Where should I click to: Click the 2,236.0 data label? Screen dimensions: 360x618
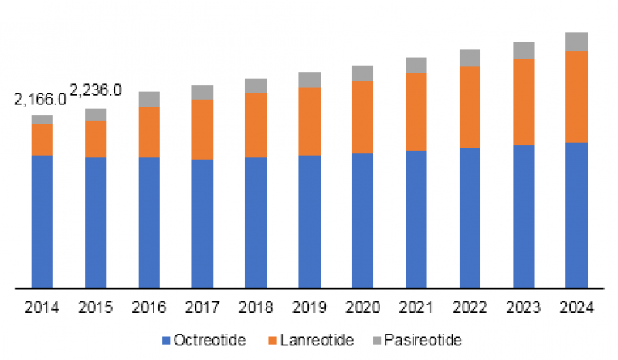coord(96,90)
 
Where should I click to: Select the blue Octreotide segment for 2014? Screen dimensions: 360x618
coord(42,222)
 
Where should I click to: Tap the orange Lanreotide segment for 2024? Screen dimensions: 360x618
coord(576,97)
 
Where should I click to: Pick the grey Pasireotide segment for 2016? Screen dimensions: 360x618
coord(149,99)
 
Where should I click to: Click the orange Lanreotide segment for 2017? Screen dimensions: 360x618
coord(202,129)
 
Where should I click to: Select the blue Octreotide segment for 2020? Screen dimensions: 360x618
coord(362,220)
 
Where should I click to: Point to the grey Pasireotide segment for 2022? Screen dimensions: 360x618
coord(470,58)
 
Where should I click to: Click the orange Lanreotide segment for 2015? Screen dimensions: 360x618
coord(96,138)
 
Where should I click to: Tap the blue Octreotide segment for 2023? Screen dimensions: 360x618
coord(523,216)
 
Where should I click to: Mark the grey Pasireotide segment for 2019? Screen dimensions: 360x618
coord(309,80)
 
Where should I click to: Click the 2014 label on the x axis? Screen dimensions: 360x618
coord(42,307)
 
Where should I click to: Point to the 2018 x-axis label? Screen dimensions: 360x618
coord(256,307)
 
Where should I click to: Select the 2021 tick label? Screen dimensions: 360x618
coord(416,307)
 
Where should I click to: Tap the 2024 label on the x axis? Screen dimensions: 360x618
coord(576,307)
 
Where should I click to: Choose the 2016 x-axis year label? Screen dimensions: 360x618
coord(149,307)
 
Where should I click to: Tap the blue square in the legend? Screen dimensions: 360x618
coord(167,339)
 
